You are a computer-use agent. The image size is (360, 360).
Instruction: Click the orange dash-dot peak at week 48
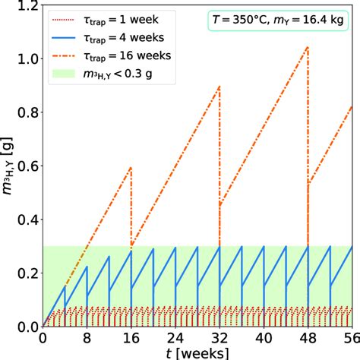(308, 47)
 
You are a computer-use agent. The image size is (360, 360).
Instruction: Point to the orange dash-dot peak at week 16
(131, 168)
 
